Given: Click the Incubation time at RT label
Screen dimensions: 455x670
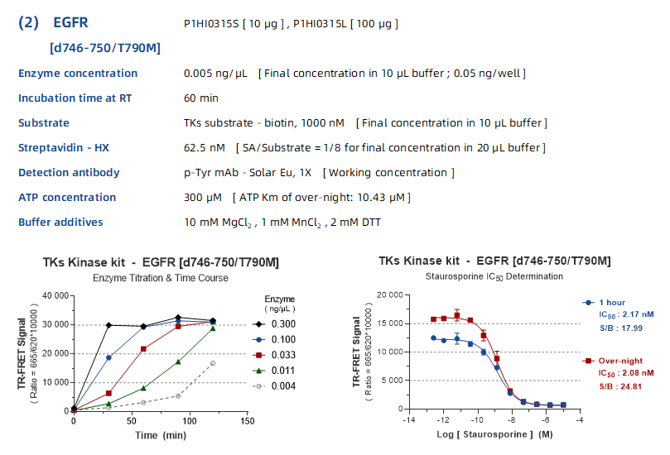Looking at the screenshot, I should click(75, 98).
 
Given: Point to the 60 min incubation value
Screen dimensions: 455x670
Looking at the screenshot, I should click(201, 98).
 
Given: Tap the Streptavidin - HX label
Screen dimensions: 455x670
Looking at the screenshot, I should click(64, 147).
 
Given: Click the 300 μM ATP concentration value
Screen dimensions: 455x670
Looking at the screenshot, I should click(203, 197).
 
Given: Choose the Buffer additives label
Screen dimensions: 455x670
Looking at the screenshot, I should click(60, 222).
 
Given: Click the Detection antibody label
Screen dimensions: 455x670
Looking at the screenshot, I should click(69, 172).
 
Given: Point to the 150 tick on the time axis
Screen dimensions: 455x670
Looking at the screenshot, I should click(246, 421).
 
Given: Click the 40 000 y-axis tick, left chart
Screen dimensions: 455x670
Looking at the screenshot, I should click(51, 295).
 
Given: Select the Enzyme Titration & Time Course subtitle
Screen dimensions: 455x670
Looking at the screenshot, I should click(161, 278).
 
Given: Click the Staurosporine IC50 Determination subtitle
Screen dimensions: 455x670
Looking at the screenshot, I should click(494, 276).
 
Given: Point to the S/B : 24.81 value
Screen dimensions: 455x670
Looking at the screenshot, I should click(619, 386).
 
